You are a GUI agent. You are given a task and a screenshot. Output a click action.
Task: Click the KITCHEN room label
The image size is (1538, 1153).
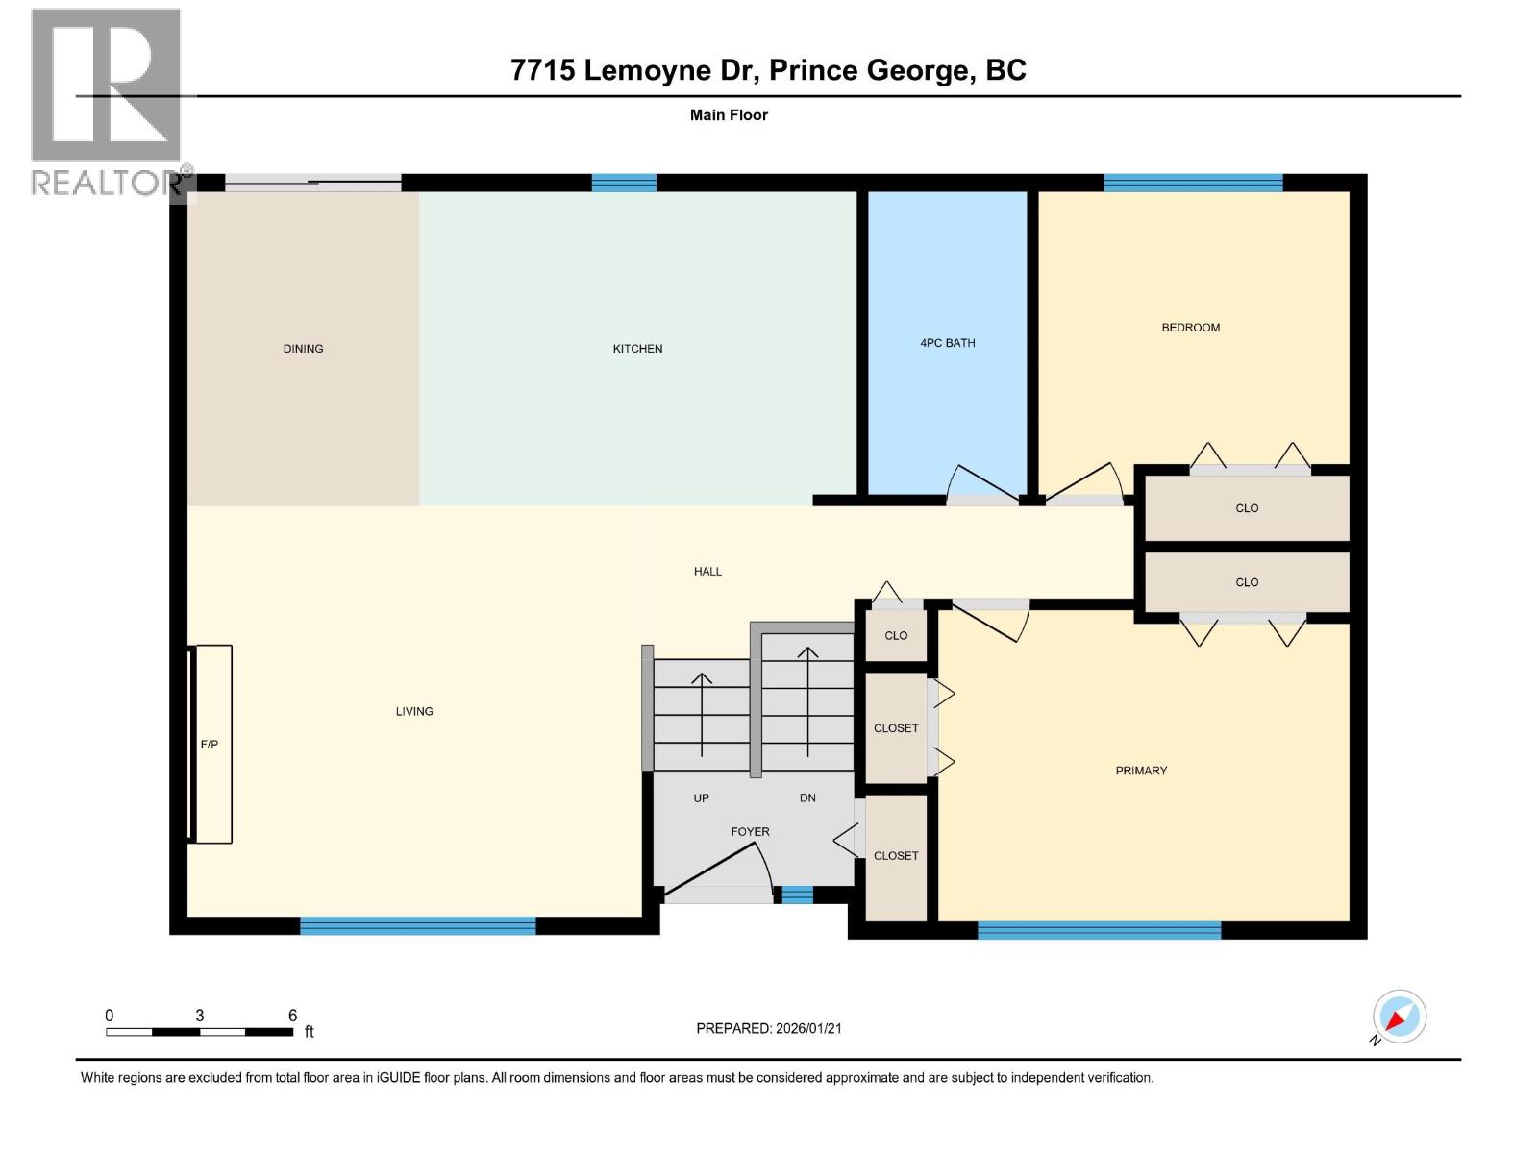click(637, 349)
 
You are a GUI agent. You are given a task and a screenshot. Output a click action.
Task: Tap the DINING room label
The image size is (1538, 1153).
click(303, 349)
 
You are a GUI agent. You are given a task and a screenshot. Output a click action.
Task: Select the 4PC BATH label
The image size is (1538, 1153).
click(947, 343)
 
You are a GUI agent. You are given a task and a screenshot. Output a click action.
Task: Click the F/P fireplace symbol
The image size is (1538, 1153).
click(211, 744)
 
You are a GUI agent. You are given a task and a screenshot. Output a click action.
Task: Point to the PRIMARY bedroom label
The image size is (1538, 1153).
click(1141, 771)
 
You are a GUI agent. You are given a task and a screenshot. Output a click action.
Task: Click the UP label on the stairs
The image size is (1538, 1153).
click(702, 798)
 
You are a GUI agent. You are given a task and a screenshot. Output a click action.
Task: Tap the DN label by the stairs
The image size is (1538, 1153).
click(807, 798)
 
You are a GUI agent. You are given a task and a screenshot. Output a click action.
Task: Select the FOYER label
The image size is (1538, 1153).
click(750, 832)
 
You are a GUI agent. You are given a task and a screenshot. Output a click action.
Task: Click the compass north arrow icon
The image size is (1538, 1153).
click(1399, 1017)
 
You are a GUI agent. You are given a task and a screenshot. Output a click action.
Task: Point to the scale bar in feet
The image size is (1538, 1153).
click(199, 1032)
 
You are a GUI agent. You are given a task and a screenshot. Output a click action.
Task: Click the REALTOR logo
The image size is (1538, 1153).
click(107, 101)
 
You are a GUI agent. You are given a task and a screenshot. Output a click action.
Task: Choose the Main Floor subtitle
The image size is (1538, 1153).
click(729, 115)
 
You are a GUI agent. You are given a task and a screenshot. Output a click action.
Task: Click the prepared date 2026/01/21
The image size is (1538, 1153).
click(769, 1028)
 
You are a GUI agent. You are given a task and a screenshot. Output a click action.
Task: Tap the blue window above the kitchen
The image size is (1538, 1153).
click(624, 183)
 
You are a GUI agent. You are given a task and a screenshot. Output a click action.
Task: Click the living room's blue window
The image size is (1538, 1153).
click(417, 926)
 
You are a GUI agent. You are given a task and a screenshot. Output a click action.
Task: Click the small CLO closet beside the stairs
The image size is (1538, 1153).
click(896, 636)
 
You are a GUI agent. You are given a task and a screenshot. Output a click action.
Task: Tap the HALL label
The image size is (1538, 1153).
click(707, 572)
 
